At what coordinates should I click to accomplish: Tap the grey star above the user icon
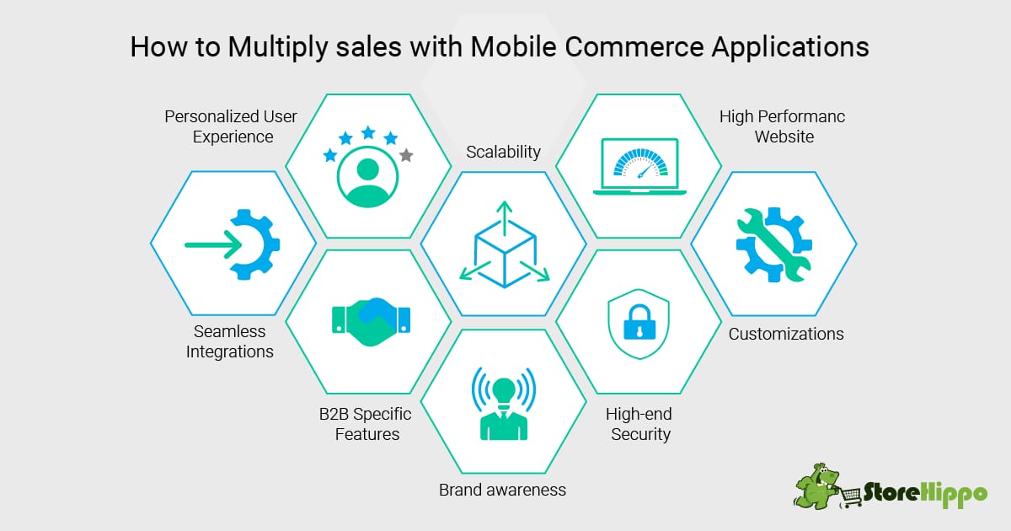[406, 155]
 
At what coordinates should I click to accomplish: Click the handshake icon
[371, 321]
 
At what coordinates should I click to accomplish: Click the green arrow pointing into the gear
[213, 244]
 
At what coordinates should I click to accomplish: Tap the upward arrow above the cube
[504, 218]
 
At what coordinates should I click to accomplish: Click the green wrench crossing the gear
[773, 244]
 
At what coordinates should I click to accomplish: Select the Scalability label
[503, 153]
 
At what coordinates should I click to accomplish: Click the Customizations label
[786, 334]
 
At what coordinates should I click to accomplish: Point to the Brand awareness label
[502, 490]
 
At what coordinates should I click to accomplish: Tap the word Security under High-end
[640, 434]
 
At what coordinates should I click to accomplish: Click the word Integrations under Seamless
[230, 351]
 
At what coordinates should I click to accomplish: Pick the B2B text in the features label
[334, 414]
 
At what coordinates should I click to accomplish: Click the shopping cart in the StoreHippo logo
[851, 496]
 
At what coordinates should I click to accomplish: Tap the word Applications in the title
[790, 48]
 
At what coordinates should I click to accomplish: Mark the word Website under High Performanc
[784, 137]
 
